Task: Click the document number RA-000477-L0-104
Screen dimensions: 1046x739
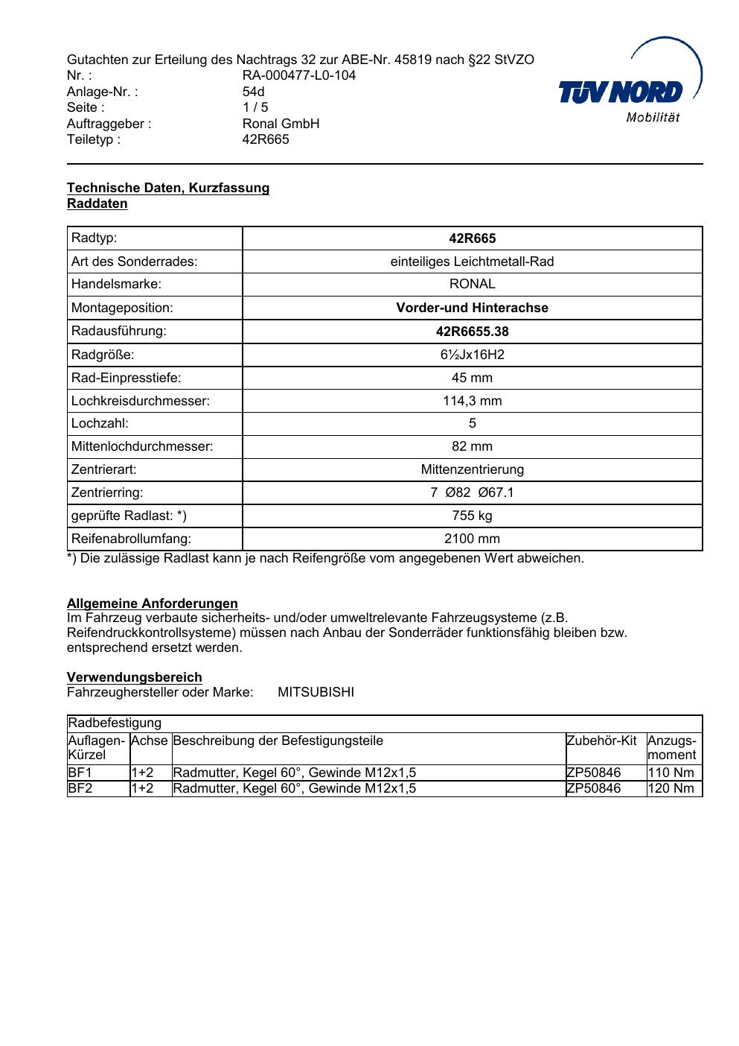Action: click(298, 75)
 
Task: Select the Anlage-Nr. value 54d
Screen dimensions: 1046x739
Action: click(253, 92)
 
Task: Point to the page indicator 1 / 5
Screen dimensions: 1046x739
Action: click(255, 107)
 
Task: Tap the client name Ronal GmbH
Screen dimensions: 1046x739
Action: click(281, 124)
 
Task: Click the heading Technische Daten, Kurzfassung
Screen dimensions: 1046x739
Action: click(168, 188)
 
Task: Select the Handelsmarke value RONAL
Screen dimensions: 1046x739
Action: click(472, 284)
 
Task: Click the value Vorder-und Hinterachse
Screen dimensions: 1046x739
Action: click(472, 308)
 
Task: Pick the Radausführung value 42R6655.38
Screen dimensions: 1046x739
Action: click(472, 332)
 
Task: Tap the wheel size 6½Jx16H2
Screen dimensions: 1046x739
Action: click(472, 355)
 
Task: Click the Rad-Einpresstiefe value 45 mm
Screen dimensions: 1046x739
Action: click(472, 378)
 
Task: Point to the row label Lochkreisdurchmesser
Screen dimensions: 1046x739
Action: click(141, 401)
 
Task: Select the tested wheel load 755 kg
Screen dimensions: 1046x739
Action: click(472, 516)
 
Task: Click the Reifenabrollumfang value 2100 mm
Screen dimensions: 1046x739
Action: click(472, 539)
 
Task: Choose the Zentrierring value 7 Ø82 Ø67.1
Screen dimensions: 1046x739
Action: click(472, 492)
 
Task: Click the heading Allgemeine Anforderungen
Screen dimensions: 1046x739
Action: click(153, 603)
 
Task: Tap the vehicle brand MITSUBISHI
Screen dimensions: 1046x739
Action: click(316, 692)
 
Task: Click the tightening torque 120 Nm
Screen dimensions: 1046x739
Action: click(671, 788)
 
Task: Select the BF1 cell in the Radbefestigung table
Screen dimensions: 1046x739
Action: click(80, 773)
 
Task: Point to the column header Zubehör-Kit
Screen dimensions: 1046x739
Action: click(601, 741)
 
